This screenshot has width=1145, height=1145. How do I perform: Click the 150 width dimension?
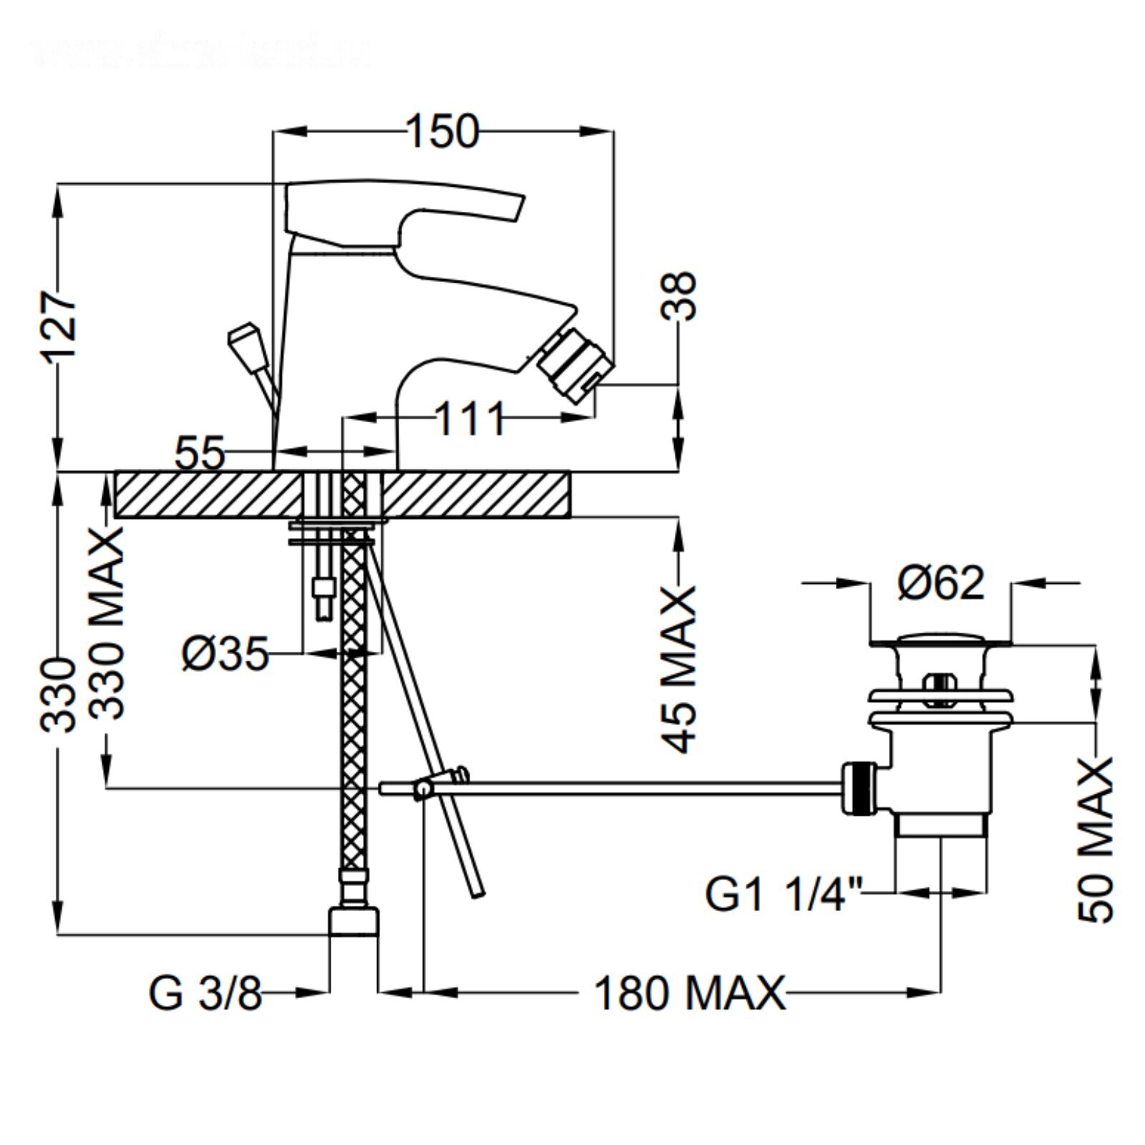pos(442,132)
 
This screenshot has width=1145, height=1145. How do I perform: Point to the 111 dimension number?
pos(469,419)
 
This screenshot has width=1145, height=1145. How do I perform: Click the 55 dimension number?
pos(200,452)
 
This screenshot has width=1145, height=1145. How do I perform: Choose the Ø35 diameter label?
pos(225,653)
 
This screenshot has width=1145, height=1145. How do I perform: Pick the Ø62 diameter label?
pos(940,583)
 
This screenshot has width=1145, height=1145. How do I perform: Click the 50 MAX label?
pos(1095,840)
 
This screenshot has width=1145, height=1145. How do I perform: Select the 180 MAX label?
pos(689,993)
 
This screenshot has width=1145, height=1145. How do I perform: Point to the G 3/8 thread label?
pos(205,993)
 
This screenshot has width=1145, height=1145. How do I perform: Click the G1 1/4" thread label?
pos(784,894)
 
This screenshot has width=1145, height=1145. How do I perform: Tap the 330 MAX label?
pos(107,623)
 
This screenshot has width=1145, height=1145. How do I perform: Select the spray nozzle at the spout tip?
pos(575,369)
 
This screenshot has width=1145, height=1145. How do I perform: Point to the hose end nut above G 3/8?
pos(353,921)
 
